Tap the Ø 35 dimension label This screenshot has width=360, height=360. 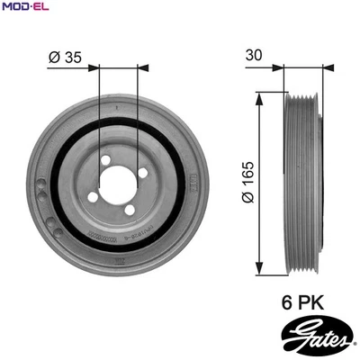click(x=66, y=57)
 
